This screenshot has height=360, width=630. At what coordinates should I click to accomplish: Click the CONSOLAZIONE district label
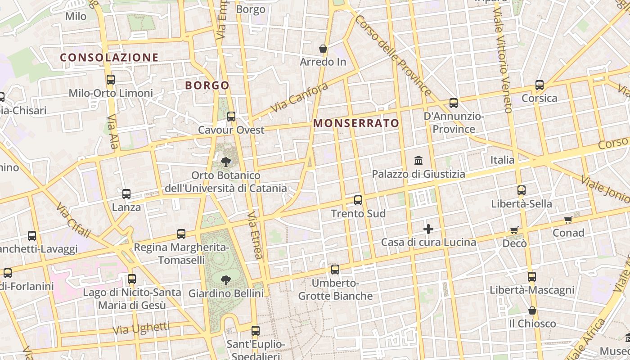click(109, 58)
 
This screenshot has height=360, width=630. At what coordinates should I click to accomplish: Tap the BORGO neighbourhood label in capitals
click(207, 85)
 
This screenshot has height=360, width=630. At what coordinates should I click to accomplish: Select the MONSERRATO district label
click(356, 123)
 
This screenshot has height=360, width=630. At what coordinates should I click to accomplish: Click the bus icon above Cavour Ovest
click(231, 117)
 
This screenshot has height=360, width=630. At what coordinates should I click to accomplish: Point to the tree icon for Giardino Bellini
click(226, 280)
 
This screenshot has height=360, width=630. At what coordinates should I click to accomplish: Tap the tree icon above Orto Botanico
click(226, 162)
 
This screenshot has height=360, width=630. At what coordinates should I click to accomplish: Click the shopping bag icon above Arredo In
click(323, 49)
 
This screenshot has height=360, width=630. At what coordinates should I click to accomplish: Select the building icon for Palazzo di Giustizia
click(418, 160)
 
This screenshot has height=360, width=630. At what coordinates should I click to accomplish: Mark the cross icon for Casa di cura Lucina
click(428, 229)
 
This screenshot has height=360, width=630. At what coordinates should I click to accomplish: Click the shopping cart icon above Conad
click(568, 220)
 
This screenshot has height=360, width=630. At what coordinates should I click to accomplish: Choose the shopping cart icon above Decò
click(514, 230)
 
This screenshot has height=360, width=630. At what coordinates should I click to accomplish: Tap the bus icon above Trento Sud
click(358, 200)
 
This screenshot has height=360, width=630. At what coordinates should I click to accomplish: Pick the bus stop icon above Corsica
click(539, 85)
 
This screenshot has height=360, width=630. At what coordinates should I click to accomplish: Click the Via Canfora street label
click(299, 98)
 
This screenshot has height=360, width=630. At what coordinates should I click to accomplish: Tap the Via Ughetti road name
click(141, 328)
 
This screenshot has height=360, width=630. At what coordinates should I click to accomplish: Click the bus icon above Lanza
click(126, 194)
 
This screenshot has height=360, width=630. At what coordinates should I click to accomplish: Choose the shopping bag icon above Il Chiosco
click(532, 310)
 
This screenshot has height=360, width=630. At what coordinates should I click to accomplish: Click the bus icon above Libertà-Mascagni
click(532, 277)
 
